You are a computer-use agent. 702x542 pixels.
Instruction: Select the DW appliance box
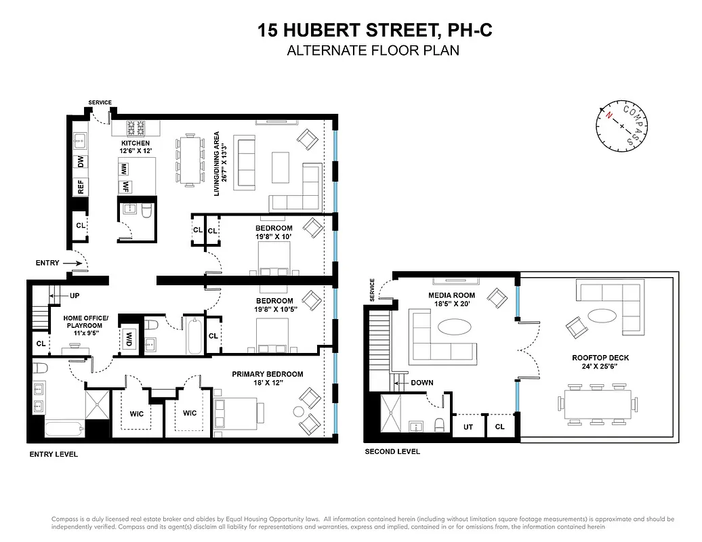(x=80, y=163)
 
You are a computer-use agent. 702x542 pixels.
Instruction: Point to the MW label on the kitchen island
(x=125, y=169)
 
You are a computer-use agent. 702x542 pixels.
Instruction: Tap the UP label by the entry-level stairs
(x=75, y=296)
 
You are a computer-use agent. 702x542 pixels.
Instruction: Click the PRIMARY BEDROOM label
(x=267, y=374)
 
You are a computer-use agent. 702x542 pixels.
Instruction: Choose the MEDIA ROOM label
(x=452, y=295)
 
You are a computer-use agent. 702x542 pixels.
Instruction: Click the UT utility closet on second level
(x=468, y=428)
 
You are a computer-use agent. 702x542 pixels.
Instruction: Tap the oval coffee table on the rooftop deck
(x=602, y=316)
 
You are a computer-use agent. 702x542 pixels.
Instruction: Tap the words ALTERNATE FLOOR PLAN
(x=373, y=50)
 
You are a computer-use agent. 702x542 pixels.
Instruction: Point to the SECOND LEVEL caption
(x=392, y=452)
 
